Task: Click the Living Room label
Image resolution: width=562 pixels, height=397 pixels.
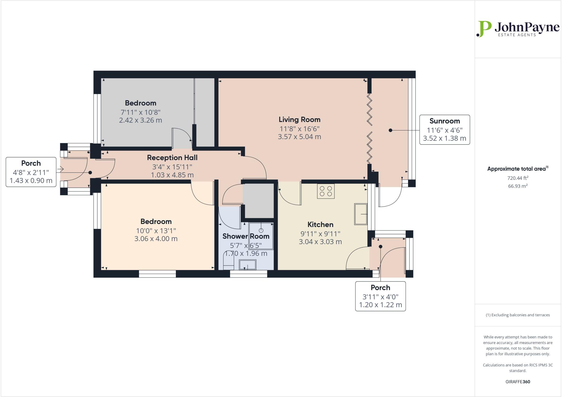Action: pos(299,119)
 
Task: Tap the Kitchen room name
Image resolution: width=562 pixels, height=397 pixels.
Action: pos(320,224)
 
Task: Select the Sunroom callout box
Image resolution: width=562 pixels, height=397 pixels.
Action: pos(444,130)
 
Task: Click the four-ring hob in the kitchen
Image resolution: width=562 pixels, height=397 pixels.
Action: pos(326,191)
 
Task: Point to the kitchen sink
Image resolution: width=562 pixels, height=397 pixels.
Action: pos(361,214)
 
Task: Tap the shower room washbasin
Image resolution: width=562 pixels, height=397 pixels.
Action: pos(248,265)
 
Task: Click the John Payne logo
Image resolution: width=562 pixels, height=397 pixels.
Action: pos(518,29)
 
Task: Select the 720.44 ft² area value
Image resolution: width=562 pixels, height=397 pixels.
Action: pos(518,178)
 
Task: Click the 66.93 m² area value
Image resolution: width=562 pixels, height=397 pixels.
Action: pos(518,186)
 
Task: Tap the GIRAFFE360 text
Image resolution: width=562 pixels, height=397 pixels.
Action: pos(518,382)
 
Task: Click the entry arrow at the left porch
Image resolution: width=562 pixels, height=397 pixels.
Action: pos(60,169)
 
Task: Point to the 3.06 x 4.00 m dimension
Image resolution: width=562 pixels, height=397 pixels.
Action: pos(156,239)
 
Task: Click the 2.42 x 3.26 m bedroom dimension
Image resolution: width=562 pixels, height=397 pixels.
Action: pos(140,120)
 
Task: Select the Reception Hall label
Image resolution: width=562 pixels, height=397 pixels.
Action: pos(172,158)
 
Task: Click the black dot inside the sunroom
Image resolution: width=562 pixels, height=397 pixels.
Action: pos(390,130)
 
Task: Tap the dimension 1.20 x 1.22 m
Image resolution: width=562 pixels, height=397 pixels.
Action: pos(380,305)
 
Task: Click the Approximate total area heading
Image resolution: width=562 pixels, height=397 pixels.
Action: pos(518,169)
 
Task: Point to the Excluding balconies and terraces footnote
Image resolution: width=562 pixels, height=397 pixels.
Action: pos(518,315)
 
